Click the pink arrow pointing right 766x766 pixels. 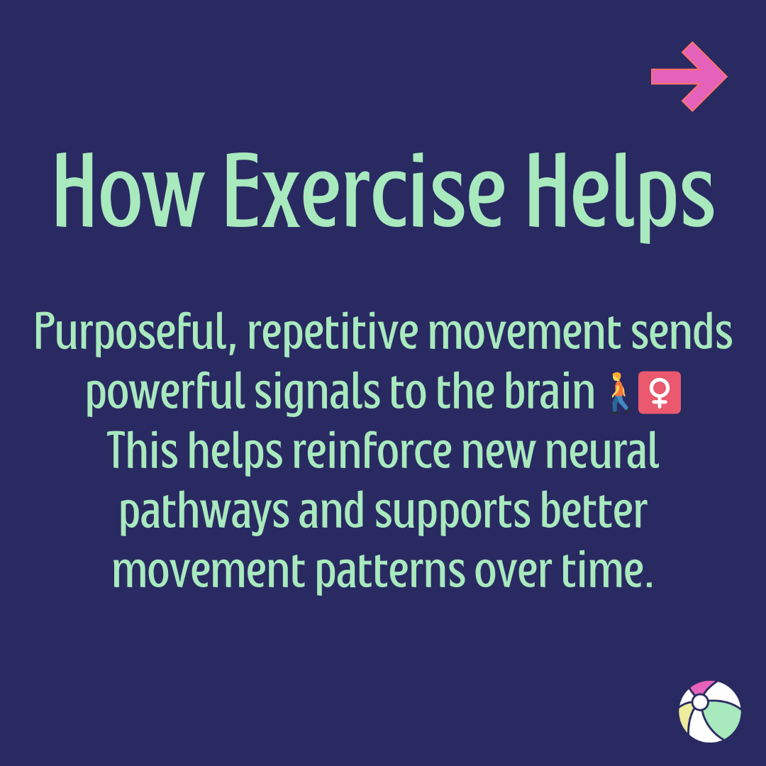pos(688,77)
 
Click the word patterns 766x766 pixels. pos(390,571)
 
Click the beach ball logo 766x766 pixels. pos(709,711)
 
